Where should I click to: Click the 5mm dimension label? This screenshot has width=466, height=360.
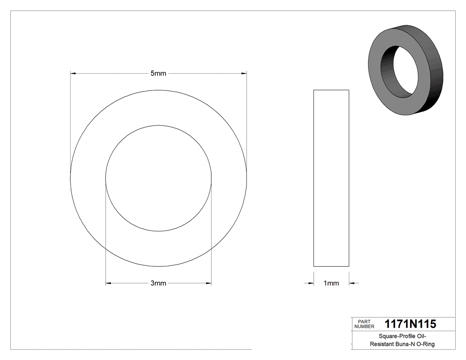click(x=158, y=73)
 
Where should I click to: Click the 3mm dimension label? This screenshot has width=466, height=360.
click(x=158, y=283)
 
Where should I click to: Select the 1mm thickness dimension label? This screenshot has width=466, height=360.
click(x=331, y=283)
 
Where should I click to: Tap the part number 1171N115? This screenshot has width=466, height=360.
click(x=411, y=324)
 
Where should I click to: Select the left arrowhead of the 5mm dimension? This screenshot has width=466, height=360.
click(x=73, y=73)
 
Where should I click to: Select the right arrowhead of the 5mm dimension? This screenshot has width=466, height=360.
click(x=244, y=73)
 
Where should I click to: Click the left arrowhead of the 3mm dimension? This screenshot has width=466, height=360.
click(x=108, y=283)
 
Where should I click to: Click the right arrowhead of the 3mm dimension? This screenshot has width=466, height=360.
click(x=209, y=283)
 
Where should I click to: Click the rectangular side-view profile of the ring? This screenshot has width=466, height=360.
click(x=331, y=178)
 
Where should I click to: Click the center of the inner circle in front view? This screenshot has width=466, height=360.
click(x=158, y=178)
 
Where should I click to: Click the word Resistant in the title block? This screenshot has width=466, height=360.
click(x=380, y=344)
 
